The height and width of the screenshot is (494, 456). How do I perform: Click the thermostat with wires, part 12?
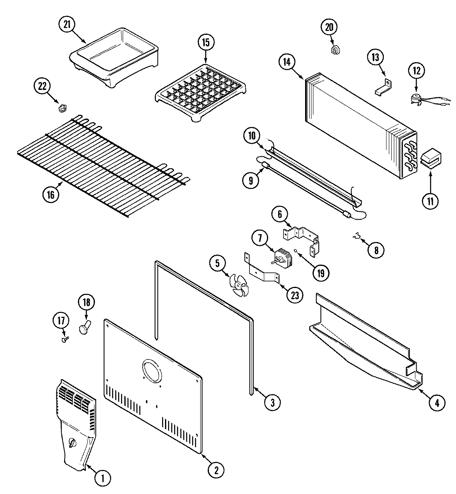click(x=417, y=98)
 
